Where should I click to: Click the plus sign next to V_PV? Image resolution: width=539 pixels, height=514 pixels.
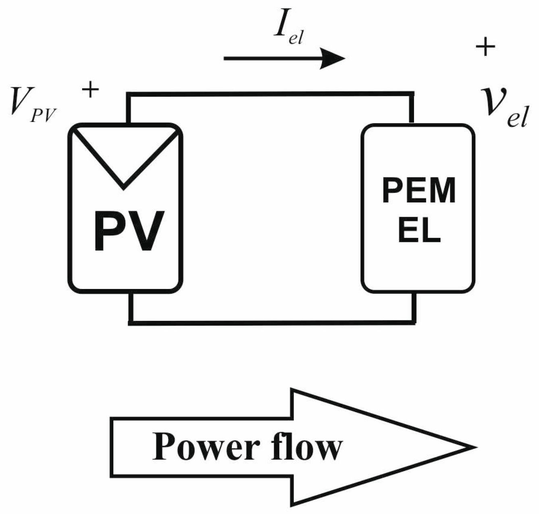[90, 90]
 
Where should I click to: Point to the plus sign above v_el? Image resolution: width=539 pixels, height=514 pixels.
[485, 47]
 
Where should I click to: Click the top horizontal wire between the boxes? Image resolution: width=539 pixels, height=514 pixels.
[270, 94]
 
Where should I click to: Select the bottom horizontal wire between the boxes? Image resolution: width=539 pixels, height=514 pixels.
[270, 323]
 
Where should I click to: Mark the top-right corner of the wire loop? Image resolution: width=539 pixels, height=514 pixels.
[412, 94]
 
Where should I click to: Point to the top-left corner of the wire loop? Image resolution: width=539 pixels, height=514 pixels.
[129, 95]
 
